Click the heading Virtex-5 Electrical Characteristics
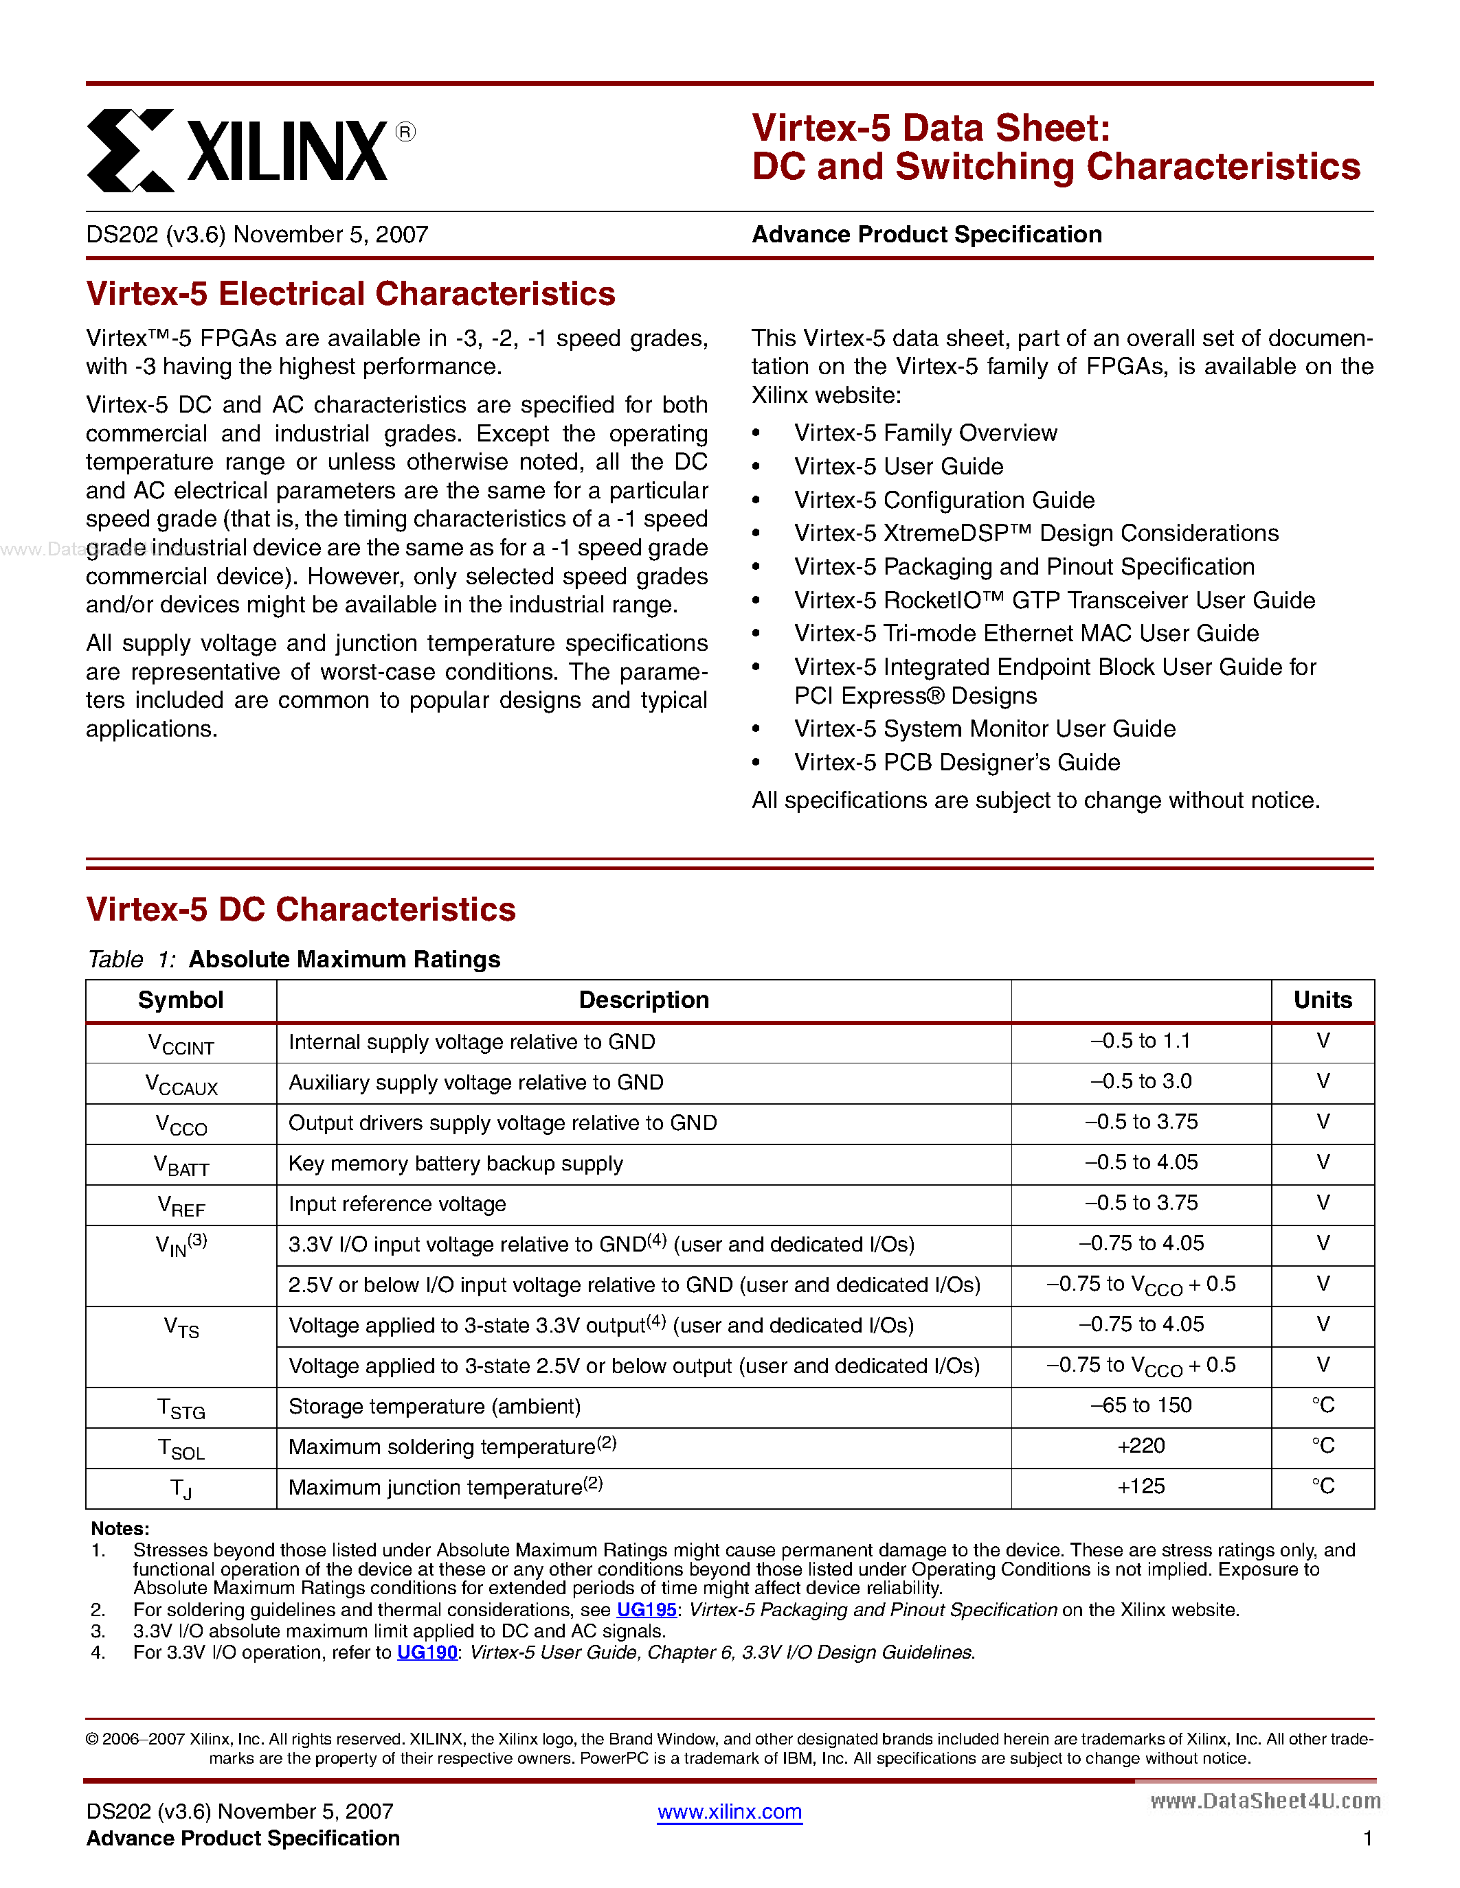point(350,294)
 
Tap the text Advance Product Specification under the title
point(926,235)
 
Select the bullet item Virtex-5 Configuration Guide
point(943,500)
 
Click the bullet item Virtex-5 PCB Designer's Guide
point(956,763)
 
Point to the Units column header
point(1322,1000)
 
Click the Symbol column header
point(181,1000)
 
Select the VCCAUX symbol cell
point(181,1084)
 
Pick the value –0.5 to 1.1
point(1140,1041)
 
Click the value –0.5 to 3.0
point(1140,1082)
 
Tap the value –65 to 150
point(1140,1405)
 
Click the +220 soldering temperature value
point(1140,1447)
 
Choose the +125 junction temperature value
point(1140,1487)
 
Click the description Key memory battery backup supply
point(455,1164)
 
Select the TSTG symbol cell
point(181,1408)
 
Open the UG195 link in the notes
point(646,1610)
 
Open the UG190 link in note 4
point(427,1652)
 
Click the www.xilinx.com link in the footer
point(729,1812)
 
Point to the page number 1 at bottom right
point(1367,1839)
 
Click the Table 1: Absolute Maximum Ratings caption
point(294,960)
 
